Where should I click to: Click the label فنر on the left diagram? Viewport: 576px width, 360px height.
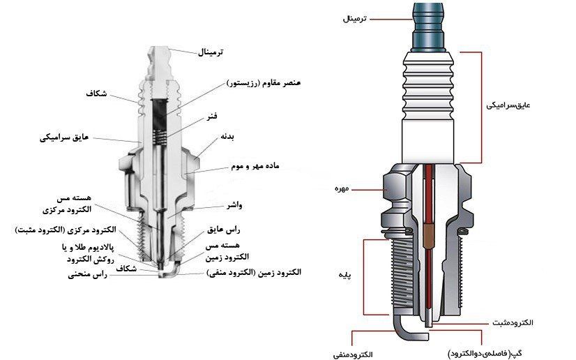[212, 117]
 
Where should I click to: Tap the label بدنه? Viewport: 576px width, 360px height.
[227, 137]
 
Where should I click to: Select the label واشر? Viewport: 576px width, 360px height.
[234, 205]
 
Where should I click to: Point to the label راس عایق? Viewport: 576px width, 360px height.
[223, 230]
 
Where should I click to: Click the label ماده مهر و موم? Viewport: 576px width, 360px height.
[255, 166]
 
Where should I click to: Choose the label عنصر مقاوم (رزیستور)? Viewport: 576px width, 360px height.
[264, 83]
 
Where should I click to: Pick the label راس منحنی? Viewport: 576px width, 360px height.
[87, 275]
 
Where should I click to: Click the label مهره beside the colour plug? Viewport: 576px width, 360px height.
[342, 189]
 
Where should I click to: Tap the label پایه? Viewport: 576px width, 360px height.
[344, 276]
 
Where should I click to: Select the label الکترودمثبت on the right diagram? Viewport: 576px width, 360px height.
[513, 322]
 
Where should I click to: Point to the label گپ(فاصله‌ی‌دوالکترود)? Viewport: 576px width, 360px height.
[485, 354]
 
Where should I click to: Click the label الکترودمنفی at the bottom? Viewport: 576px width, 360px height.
[353, 354]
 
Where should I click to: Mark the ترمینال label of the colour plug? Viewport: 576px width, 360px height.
[354, 18]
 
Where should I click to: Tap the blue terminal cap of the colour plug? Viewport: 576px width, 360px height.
[429, 27]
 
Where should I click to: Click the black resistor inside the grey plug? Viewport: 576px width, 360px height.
[160, 114]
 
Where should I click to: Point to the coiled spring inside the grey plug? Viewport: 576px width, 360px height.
[160, 137]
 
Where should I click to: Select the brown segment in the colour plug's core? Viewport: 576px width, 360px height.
[429, 233]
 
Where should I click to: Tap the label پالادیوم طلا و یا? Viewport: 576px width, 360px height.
[88, 248]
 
